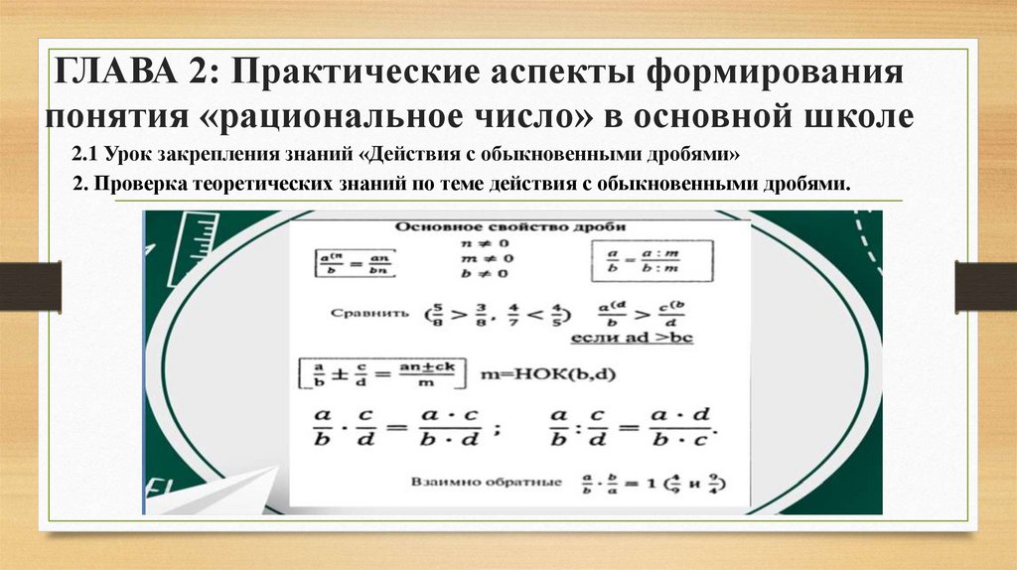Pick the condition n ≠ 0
click(x=484, y=243)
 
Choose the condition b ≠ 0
click(x=484, y=273)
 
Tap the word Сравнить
click(x=368, y=312)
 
